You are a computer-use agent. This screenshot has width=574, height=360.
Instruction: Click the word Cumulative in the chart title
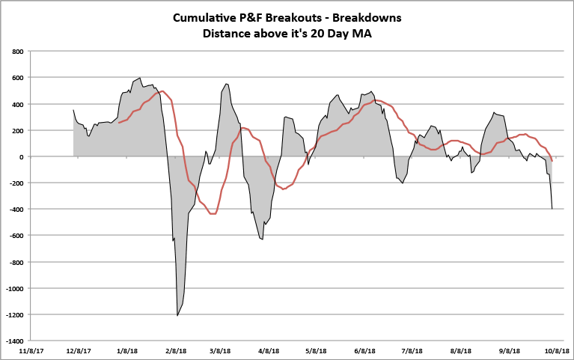coord(203,17)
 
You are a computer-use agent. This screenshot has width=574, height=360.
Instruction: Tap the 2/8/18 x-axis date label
coord(177,350)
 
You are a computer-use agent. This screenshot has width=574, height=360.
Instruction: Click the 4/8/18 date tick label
coord(269,350)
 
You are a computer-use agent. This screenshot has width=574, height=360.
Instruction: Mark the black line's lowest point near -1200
coord(177,315)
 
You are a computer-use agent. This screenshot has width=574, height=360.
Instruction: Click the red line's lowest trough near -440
coord(213,214)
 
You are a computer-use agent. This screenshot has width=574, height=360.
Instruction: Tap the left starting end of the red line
coord(118,122)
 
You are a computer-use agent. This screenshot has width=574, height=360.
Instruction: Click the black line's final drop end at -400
coord(552,209)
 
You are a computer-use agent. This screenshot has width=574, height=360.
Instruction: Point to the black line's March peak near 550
coord(226,84)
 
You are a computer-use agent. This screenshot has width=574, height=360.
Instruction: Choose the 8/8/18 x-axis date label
coord(461,350)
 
